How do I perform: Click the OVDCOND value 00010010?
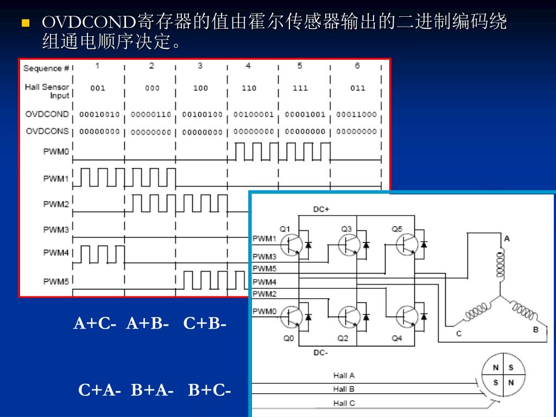[99, 115]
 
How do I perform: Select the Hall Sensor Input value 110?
[249, 88]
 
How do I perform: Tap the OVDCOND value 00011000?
[356, 115]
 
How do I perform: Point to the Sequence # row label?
[46, 68]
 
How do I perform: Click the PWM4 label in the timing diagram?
[56, 253]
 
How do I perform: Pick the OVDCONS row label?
[47, 131]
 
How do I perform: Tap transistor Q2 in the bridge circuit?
[348, 317]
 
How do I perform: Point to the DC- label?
[320, 352]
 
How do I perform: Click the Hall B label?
[344, 389]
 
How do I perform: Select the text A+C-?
[95, 324]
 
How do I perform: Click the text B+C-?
[210, 390]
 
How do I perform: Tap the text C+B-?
[205, 324]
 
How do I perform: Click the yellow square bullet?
[24, 23]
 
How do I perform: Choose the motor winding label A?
[507, 238]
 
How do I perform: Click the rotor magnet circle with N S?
[503, 375]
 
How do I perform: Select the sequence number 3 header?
[200, 66]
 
